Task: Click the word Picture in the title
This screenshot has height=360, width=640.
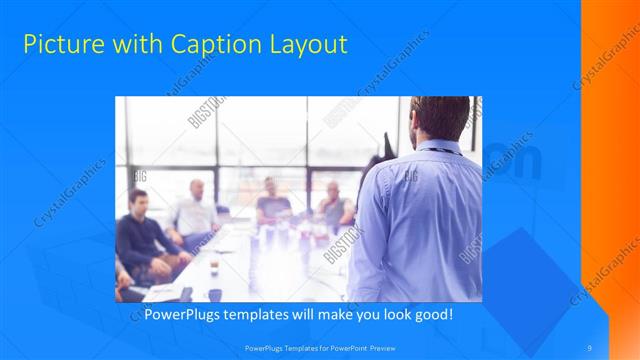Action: tap(61, 44)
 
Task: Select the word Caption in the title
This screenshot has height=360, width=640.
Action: tap(205, 44)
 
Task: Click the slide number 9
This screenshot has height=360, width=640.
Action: tap(589, 347)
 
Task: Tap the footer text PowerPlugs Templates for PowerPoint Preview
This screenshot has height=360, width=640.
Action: tap(319, 347)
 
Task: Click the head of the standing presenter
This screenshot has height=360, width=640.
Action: tap(441, 117)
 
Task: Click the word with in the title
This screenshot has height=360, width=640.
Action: tap(126, 44)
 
